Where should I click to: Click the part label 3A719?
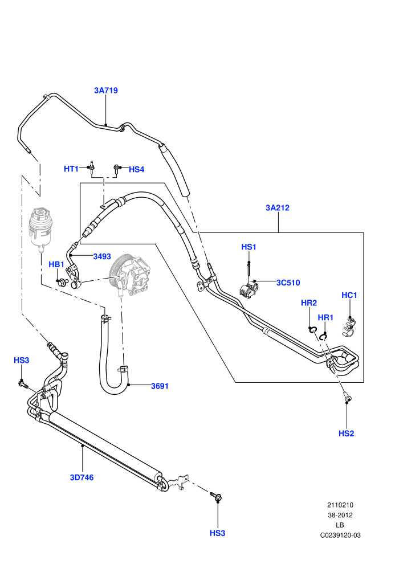(106, 90)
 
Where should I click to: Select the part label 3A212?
(278, 207)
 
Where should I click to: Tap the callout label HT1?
(71, 169)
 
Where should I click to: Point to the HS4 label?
(136, 169)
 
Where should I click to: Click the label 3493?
(102, 256)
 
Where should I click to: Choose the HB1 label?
(56, 265)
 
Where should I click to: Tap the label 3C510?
(288, 283)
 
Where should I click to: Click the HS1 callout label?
(249, 247)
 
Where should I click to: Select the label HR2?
(309, 303)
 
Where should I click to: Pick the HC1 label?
(349, 295)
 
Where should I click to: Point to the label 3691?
(160, 386)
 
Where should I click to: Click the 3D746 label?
(82, 477)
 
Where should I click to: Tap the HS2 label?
(346, 434)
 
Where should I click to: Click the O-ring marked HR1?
(323, 337)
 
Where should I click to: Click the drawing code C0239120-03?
(340, 535)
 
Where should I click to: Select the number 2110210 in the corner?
(340, 505)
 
